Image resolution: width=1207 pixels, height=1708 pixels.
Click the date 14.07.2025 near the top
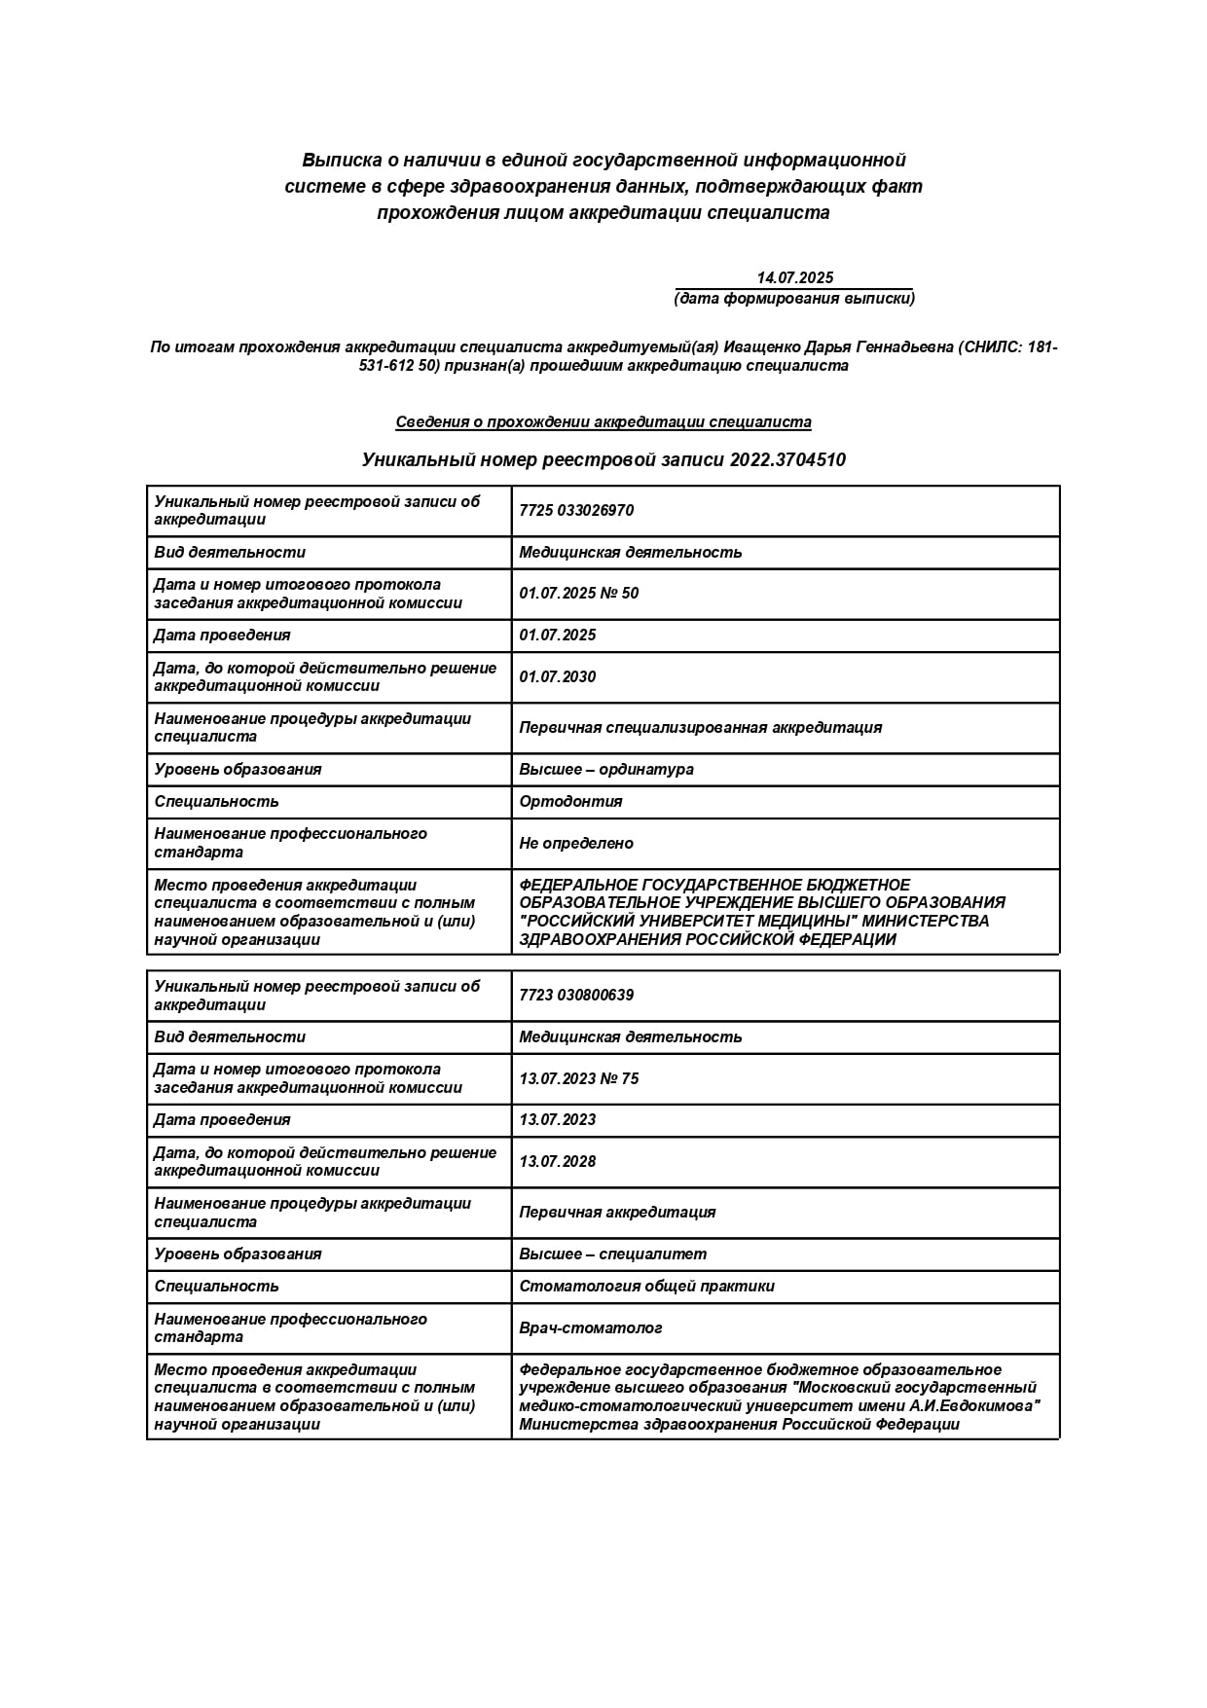[794, 277]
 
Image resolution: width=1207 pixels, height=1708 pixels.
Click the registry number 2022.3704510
[787, 459]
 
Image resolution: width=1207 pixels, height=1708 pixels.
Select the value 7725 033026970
[576, 511]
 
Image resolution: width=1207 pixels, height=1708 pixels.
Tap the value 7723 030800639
[576, 996]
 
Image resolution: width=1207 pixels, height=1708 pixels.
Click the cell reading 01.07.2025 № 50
[579, 594]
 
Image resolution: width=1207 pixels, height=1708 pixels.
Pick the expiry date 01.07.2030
[558, 677]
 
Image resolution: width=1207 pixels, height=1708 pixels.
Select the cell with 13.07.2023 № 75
[579, 1078]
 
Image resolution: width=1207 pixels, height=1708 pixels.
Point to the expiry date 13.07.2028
[558, 1162]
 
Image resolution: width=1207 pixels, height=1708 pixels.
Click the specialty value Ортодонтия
[570, 802]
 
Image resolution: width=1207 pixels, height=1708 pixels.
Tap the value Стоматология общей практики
[647, 1287]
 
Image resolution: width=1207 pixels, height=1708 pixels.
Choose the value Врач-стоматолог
[591, 1328]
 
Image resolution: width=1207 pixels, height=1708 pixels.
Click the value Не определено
[576, 844]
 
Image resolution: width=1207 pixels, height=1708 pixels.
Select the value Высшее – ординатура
[606, 770]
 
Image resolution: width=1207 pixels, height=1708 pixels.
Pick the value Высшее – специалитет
[613, 1254]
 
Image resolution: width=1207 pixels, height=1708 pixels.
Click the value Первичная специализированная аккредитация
[701, 728]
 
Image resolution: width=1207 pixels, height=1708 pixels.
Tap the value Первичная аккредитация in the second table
[617, 1213]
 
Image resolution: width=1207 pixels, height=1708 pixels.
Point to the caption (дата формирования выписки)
[794, 299]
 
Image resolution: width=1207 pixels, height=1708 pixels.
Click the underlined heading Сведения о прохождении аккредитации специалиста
[603, 422]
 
